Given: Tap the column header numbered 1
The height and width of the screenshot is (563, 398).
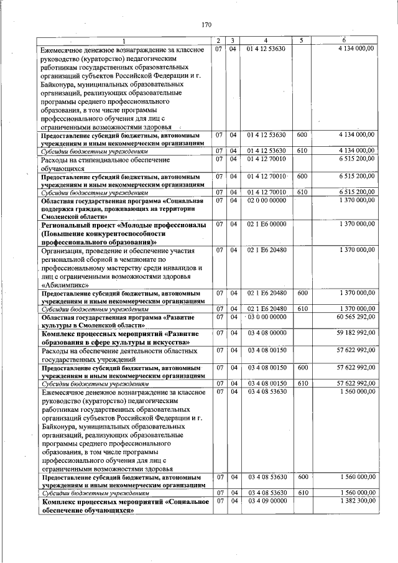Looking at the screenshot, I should click(123, 40).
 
